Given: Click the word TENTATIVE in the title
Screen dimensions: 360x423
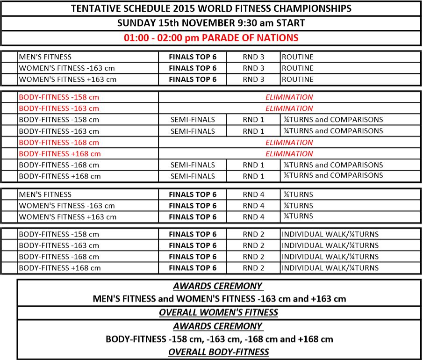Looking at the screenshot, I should tap(94, 8).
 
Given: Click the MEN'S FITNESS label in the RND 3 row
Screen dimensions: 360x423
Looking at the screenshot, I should tap(45, 57).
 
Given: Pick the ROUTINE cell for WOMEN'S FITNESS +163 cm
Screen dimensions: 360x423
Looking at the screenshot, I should tap(297, 79).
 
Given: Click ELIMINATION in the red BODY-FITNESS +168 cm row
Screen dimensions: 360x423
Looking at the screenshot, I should tap(289, 154).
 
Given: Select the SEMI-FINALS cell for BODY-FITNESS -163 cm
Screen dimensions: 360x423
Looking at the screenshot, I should tap(193, 131).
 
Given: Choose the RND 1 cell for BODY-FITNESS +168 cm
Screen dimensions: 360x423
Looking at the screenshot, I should tap(253, 176).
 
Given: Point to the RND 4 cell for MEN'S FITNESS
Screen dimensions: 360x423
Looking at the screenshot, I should tap(253, 194).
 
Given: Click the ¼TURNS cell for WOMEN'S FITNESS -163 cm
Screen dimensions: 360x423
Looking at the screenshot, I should tap(297, 206).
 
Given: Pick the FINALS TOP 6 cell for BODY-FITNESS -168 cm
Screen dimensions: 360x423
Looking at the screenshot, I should tap(193, 257).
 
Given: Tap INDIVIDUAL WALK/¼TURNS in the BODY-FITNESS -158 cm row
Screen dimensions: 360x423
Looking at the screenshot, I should tap(330, 234).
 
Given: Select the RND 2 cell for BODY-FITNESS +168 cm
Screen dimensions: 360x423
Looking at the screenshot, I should tap(253, 268).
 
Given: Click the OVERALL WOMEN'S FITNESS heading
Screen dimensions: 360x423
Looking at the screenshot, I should tap(218, 312).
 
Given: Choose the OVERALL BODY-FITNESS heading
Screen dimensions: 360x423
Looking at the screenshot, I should tap(218, 352).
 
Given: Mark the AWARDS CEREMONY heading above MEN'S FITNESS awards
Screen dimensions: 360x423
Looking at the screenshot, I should tap(217, 286).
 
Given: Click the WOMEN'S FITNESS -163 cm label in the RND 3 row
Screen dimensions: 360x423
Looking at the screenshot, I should tap(66, 68).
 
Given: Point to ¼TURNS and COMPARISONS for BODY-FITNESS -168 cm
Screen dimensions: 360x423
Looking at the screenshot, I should tap(333, 165).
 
